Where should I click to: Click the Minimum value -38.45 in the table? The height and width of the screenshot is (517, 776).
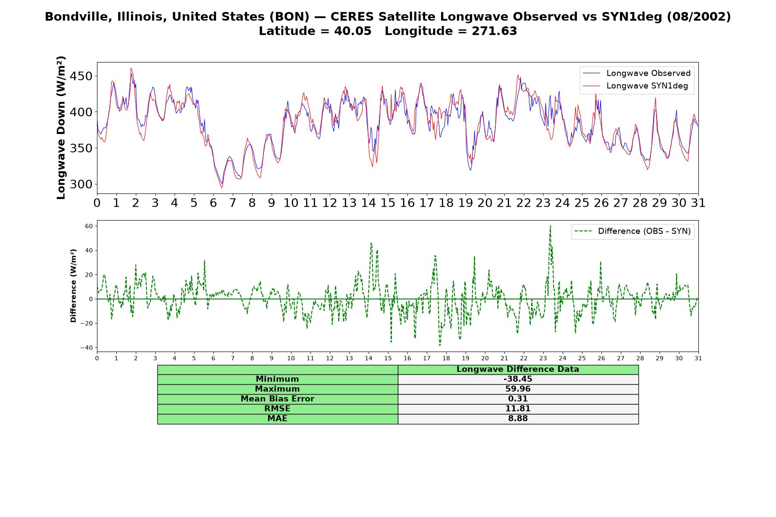(518, 379)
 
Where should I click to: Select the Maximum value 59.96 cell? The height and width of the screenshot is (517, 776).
(518, 389)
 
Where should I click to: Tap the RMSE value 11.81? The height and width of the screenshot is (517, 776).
(518, 409)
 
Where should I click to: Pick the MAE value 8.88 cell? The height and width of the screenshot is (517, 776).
(518, 419)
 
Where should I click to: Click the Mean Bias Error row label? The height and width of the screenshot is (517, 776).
(277, 399)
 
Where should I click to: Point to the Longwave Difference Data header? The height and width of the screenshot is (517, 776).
(518, 369)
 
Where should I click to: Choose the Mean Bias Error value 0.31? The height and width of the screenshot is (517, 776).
(518, 399)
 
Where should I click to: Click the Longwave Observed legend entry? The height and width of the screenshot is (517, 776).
(637, 73)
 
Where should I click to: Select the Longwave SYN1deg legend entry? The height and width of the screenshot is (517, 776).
(635, 86)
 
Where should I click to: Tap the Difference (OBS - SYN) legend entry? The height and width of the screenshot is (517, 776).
(632, 231)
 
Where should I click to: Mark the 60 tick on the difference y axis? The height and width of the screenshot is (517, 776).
(89, 226)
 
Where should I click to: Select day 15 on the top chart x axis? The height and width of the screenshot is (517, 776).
(388, 203)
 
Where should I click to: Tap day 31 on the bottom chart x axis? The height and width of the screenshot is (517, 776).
(698, 358)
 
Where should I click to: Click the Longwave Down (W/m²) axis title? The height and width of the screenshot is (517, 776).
(61, 128)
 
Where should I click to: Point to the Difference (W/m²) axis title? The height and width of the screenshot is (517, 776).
(74, 286)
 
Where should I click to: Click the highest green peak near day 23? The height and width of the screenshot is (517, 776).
(550, 226)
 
